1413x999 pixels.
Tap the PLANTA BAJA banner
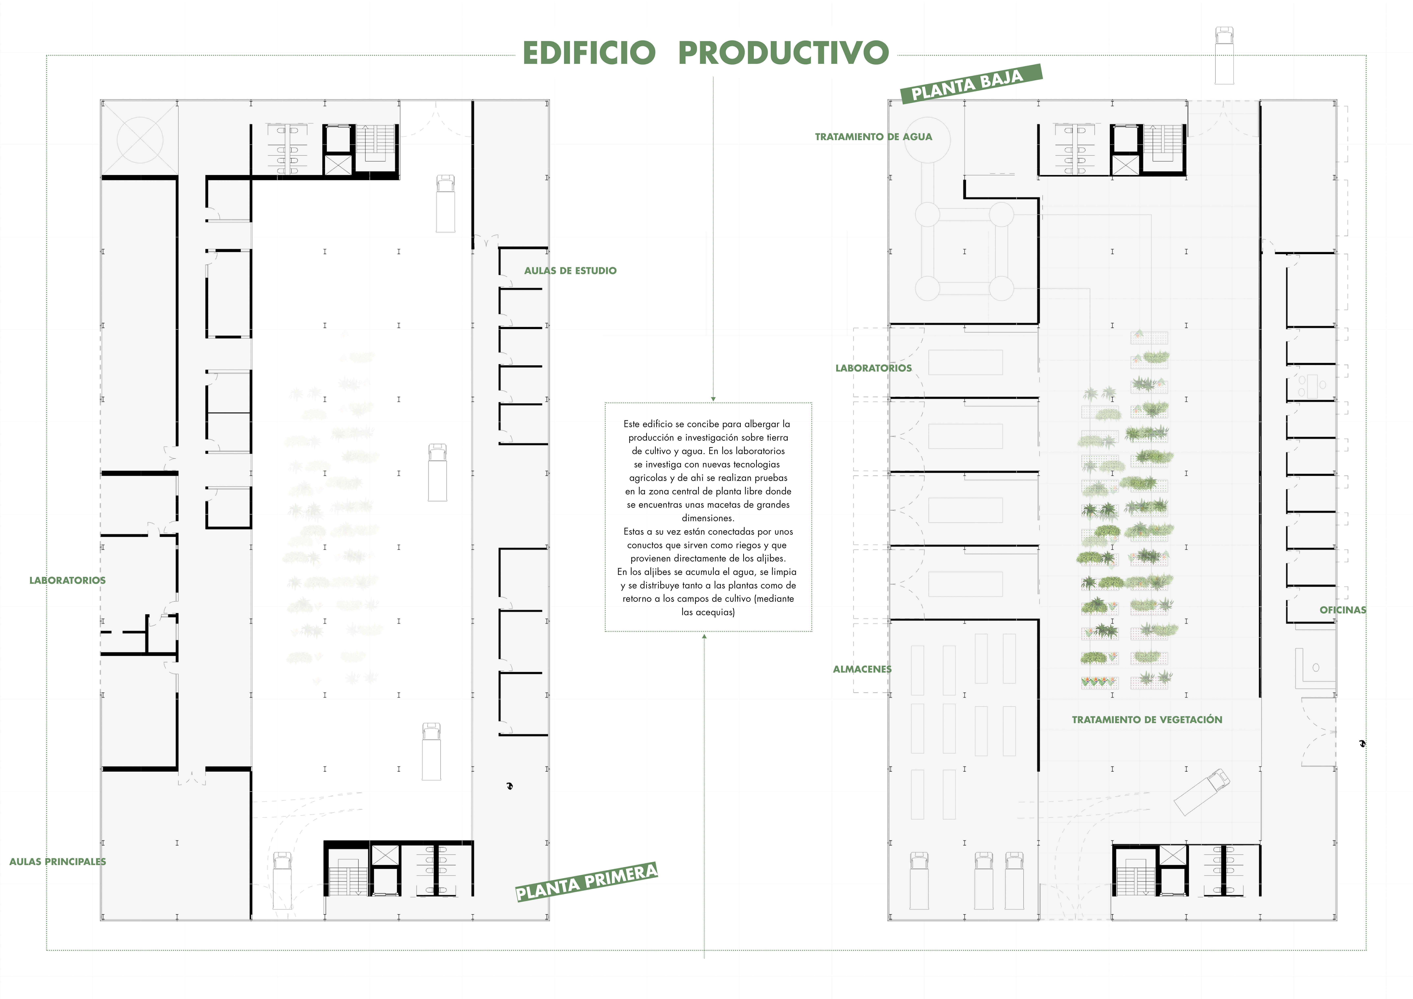[971, 84]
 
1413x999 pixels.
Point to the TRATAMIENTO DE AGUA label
[873, 137]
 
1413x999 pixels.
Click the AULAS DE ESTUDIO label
[570, 271]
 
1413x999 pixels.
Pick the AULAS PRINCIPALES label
[57, 862]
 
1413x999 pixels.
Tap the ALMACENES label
[862, 669]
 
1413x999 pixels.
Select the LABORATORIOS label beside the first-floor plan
[67, 580]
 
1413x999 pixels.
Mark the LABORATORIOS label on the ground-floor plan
[873, 368]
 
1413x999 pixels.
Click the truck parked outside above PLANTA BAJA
[1224, 55]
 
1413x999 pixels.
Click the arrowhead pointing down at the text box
[713, 399]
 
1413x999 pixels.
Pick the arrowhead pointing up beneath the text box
[704, 637]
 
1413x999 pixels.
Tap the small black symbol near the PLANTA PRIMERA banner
[510, 786]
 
